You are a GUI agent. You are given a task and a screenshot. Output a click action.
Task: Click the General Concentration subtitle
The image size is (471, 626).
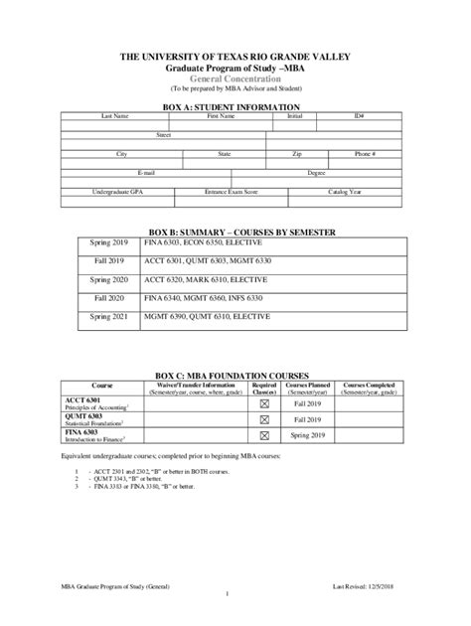(x=235, y=78)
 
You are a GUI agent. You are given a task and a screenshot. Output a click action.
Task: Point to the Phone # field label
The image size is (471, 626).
(x=365, y=154)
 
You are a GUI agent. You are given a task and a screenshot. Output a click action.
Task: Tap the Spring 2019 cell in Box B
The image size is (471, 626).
(x=110, y=242)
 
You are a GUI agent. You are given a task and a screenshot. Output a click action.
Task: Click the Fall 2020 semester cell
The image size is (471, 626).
(x=110, y=297)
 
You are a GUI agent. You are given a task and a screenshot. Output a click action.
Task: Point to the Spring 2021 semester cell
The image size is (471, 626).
(x=110, y=316)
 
